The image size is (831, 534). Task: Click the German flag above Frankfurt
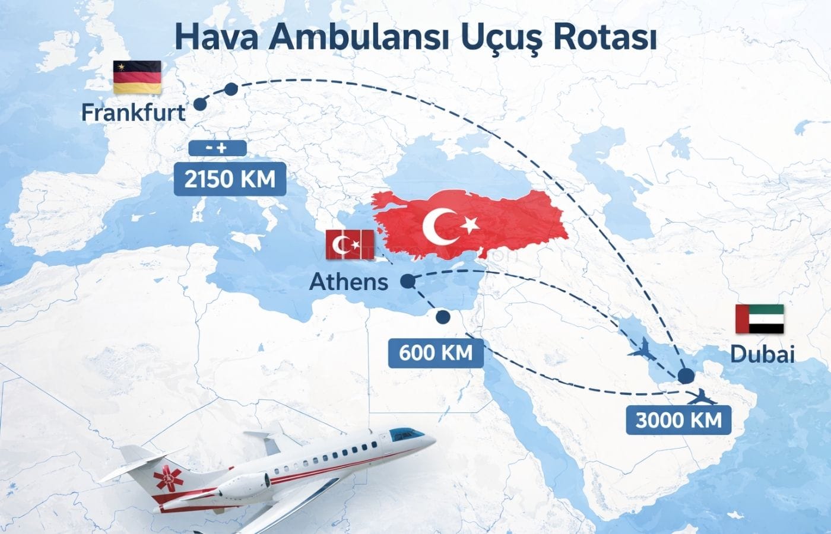coord(137,77)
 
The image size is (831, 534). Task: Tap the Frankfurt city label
coord(133,112)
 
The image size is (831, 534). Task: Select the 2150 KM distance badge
coord(230,179)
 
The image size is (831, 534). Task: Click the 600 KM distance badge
coord(436,352)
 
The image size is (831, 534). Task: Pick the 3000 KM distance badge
coord(678,420)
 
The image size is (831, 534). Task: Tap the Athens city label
coord(349,281)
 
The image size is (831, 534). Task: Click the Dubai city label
coord(762,354)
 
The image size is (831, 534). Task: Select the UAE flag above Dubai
coord(760,319)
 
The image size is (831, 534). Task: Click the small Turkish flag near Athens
coord(350,244)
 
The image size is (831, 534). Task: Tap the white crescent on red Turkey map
coord(440,226)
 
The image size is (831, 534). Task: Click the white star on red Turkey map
coord(470,224)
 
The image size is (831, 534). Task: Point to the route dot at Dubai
coord(686,375)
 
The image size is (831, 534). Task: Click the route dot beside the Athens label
coord(407,282)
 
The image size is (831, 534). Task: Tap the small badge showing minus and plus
coord(217,148)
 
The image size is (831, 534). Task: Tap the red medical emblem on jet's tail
coord(168,479)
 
